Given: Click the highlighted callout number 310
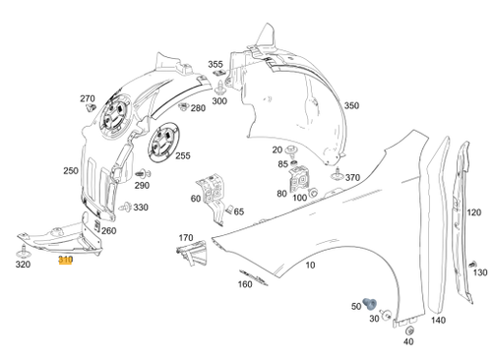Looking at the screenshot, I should [65, 260].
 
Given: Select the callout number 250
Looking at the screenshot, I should [70, 171].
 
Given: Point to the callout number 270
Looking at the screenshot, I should [87, 98].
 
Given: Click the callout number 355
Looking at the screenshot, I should [215, 65].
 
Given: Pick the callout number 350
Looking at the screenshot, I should [351, 105].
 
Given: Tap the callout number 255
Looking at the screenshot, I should [183, 155].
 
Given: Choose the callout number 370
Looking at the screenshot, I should [352, 178].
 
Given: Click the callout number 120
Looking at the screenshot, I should [473, 212].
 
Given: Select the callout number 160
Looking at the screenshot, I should [245, 285].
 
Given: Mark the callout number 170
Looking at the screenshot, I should [185, 238].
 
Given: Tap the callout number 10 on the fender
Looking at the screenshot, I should [310, 266].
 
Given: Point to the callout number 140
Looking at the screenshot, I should [438, 321].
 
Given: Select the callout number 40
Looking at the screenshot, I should [408, 341].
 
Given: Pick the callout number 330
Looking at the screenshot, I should [141, 208].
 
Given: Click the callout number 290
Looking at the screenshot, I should [142, 186].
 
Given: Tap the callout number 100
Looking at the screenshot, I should [300, 197].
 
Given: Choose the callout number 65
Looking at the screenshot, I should [239, 211].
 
